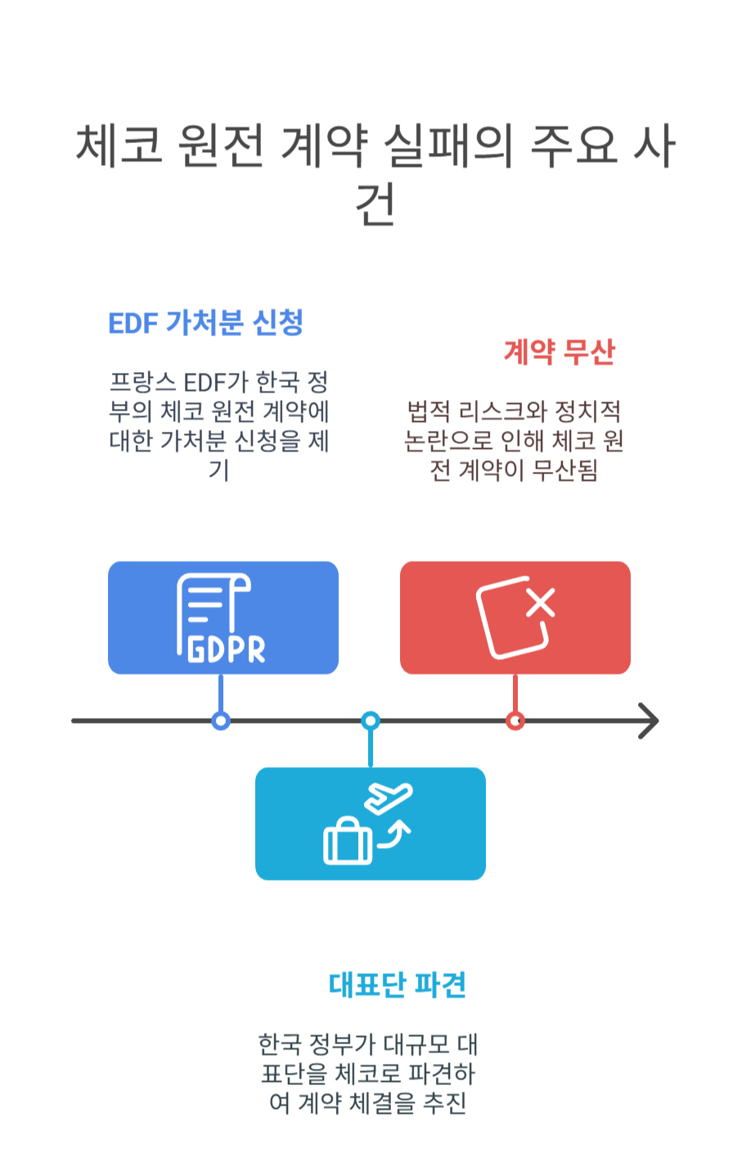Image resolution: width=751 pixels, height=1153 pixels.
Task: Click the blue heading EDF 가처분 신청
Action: click(206, 323)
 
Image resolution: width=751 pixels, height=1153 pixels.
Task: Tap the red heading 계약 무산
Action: click(559, 352)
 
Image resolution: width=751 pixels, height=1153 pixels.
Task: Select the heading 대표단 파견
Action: click(398, 985)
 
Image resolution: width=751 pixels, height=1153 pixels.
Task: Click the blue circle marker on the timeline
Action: click(220, 720)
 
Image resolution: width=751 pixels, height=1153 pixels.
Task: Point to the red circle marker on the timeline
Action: click(515, 720)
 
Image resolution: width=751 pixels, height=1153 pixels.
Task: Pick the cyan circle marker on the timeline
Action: click(371, 720)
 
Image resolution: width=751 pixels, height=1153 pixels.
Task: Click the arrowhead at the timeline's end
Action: click(650, 720)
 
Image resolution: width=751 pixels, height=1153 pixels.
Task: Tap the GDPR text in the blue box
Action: click(227, 650)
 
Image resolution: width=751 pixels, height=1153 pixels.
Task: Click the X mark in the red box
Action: click(541, 603)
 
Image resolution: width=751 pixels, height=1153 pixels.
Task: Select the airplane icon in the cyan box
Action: click(389, 798)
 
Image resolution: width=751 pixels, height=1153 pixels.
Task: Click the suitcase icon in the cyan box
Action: click(348, 842)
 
